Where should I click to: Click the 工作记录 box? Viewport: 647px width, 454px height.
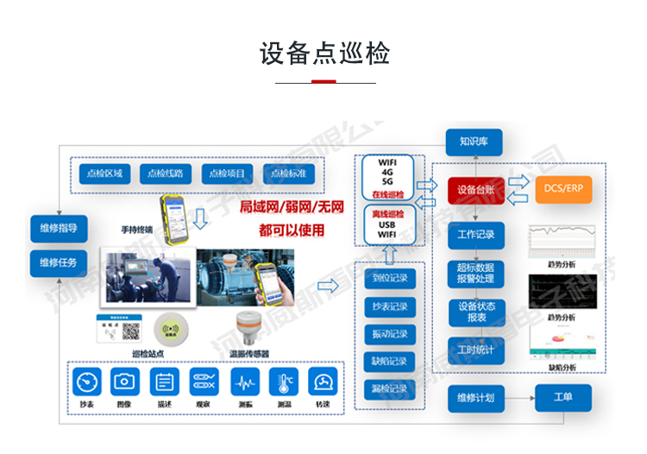(476, 235)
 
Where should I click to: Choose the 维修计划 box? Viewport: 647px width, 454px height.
(476, 398)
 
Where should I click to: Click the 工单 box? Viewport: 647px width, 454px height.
(563, 398)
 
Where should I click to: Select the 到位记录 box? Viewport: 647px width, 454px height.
(390, 279)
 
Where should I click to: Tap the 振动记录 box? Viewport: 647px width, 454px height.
(390, 334)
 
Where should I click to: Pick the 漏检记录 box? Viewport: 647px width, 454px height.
(390, 388)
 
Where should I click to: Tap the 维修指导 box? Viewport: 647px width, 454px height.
(59, 229)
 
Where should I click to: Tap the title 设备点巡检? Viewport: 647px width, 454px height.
(323, 54)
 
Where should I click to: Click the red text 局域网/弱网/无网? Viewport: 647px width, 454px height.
(292, 207)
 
